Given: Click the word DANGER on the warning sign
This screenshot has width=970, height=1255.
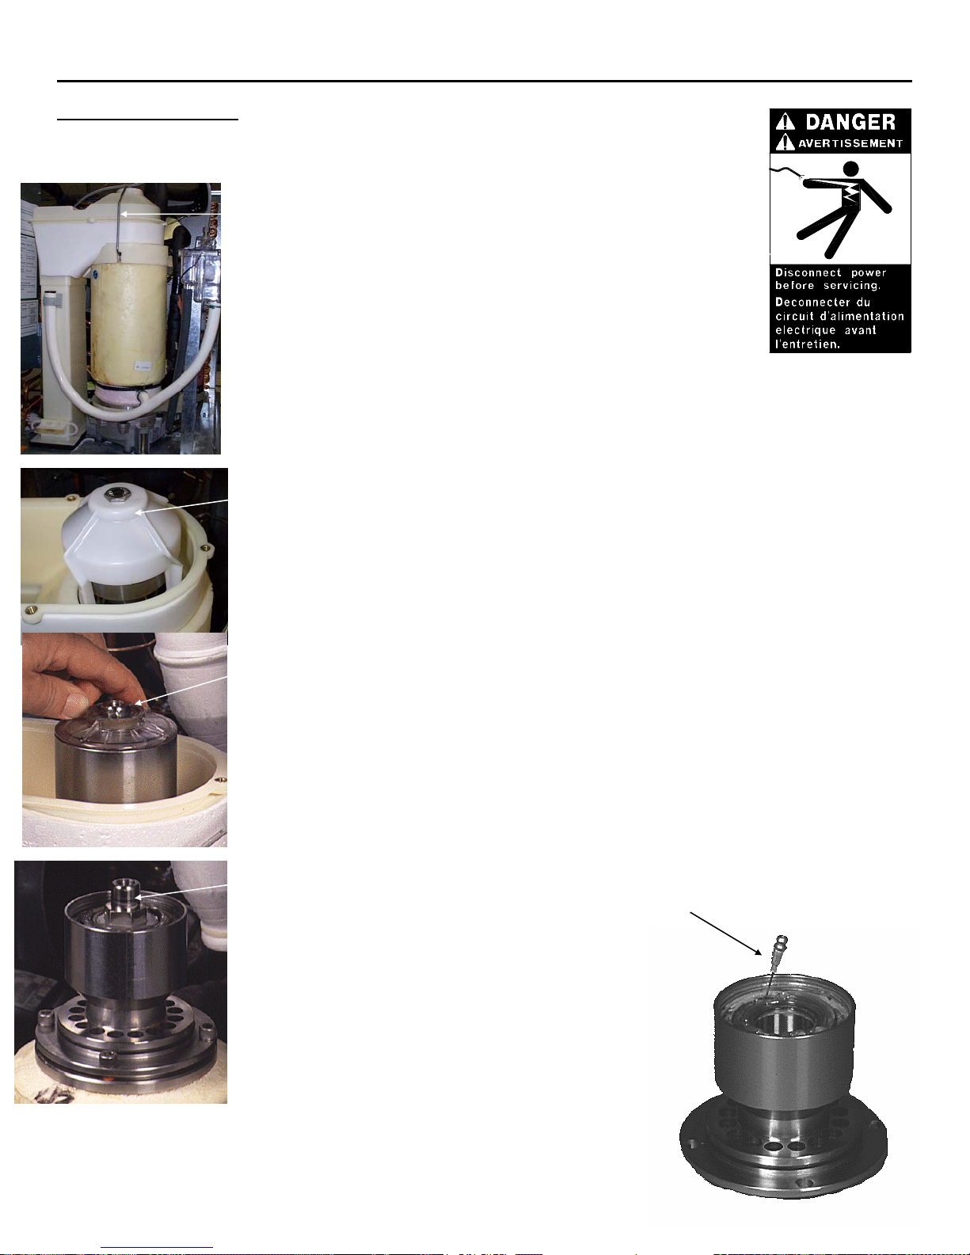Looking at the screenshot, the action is (x=850, y=122).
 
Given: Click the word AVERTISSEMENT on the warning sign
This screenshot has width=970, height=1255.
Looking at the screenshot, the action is (x=850, y=143).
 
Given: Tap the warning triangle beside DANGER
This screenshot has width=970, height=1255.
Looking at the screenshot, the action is (x=786, y=122).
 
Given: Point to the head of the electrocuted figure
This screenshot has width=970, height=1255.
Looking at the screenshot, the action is (x=851, y=169).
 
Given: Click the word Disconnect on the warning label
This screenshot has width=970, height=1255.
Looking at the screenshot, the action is (x=808, y=272).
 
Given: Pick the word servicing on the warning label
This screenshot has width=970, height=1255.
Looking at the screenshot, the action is (x=852, y=286).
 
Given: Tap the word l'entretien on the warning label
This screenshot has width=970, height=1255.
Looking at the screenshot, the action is (x=808, y=344).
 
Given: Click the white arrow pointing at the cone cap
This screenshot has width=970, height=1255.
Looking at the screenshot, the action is (x=181, y=506).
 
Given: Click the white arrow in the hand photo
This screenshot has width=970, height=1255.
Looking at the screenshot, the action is (x=181, y=690).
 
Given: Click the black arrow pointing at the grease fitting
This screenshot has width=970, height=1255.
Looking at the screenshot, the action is (x=726, y=934).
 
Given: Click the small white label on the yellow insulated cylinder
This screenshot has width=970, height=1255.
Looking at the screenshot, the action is (x=142, y=366).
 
